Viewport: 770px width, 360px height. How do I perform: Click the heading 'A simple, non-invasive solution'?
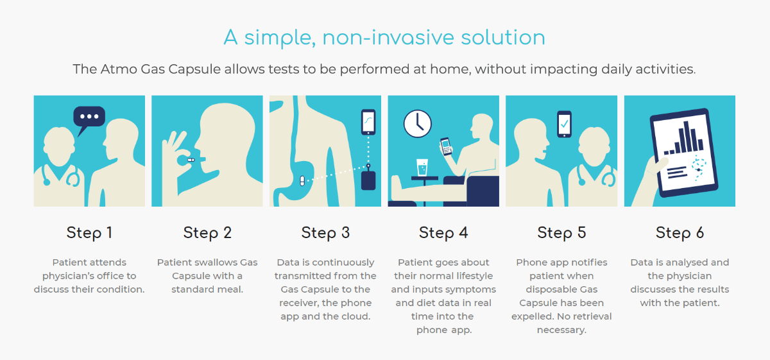click(384, 37)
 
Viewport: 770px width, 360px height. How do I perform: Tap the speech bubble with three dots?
click(89, 117)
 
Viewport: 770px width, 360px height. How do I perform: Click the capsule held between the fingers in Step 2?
click(191, 159)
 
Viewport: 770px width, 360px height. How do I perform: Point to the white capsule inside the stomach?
click(302, 180)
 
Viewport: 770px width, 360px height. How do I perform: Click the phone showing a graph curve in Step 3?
click(368, 122)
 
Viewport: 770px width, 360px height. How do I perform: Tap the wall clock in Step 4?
click(417, 123)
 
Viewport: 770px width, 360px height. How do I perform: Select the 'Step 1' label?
click(89, 232)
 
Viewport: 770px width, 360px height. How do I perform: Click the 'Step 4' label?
click(443, 232)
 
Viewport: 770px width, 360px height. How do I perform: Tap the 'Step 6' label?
click(680, 232)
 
